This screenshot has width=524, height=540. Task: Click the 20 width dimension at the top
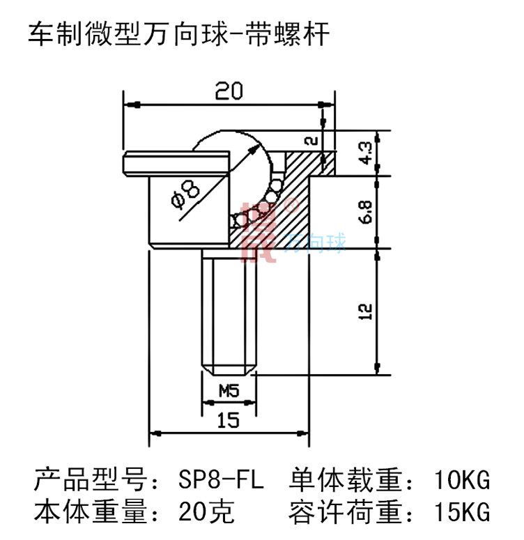coord(228,92)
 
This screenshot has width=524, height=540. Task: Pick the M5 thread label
coord(229,391)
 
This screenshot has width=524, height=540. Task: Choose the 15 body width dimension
coord(228,419)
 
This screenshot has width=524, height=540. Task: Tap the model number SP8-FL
coord(222,480)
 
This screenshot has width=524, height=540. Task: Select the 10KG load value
coord(462,480)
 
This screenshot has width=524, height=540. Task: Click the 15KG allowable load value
coord(462,513)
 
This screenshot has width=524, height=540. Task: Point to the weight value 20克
coord(206,513)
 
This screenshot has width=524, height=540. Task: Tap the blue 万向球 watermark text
coord(316,245)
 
